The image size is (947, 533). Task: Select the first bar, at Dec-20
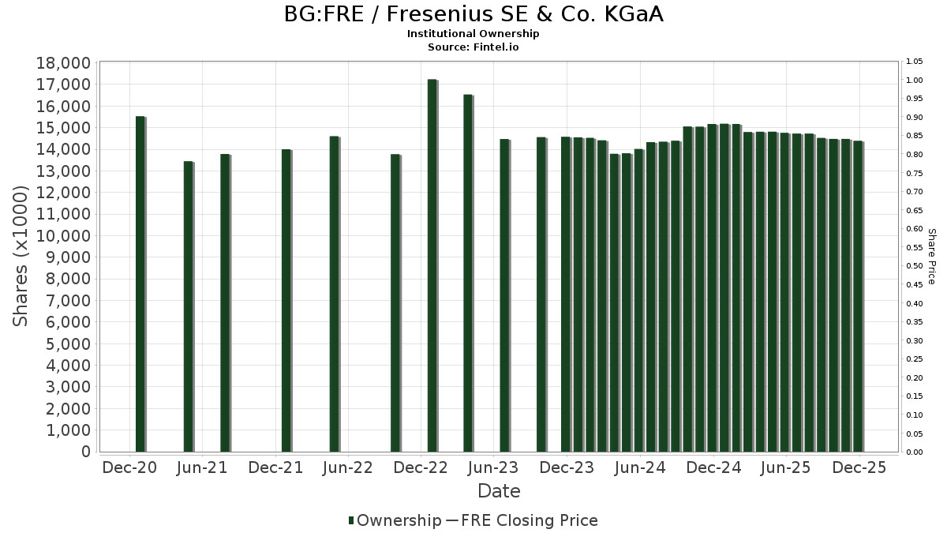pos(140,284)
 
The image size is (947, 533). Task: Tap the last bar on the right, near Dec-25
pos(858,296)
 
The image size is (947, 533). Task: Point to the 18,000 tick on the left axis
pos(64,63)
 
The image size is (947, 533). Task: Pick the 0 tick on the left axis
pos(85,452)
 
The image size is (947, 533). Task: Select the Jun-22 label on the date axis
pos(347,467)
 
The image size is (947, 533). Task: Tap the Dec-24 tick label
pos(713,467)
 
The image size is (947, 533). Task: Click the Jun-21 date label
pos(202,467)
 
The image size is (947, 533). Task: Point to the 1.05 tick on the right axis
pos(915,62)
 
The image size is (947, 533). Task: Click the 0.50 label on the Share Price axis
pos(915,266)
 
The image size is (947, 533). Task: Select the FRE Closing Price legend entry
pos(522,520)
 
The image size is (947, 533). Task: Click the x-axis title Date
pos(499,491)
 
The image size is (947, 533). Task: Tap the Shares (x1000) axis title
pos(22,257)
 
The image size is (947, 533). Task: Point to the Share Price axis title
pos(931,257)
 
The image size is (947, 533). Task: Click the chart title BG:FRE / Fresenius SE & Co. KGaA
pos(473,14)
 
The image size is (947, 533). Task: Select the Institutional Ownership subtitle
pos(473,34)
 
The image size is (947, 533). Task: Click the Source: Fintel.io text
pos(473,47)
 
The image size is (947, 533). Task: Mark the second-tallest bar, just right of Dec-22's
pos(468,273)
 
